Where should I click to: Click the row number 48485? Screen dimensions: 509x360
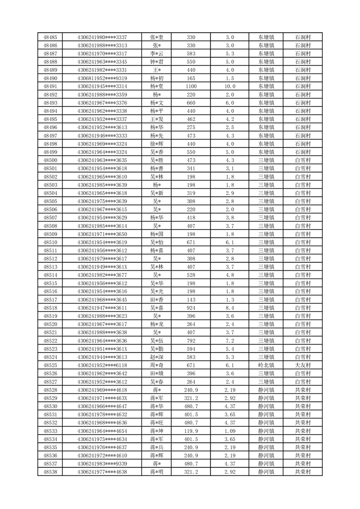(50, 37)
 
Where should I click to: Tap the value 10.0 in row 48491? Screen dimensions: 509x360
(230, 86)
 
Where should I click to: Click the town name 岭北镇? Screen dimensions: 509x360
(266, 365)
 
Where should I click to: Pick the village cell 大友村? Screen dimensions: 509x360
(302, 365)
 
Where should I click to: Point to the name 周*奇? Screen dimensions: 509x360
(157, 365)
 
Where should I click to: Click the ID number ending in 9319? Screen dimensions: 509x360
(102, 78)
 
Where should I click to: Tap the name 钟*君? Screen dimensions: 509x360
(157, 62)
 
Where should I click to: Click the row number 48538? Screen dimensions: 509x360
(50, 472)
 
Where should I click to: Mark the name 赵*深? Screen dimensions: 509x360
(157, 357)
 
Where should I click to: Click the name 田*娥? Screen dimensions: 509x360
(157, 373)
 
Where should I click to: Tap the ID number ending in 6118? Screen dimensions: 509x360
(102, 365)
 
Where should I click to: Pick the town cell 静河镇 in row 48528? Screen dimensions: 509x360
(266, 390)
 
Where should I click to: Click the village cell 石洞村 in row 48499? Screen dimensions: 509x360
(302, 152)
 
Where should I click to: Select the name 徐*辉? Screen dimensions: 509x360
(157, 144)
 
